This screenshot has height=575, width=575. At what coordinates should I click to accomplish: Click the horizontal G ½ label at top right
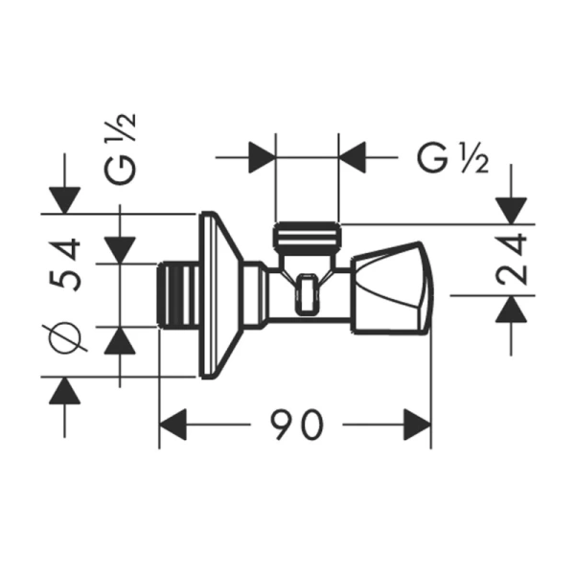[x=453, y=156]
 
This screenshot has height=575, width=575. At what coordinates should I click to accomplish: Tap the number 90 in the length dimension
[x=294, y=423]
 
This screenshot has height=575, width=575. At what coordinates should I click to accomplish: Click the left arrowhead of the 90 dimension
[x=172, y=424]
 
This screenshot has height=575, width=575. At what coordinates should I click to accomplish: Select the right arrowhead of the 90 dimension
[x=416, y=424]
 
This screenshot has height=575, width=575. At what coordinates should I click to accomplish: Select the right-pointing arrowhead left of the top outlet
[x=262, y=155]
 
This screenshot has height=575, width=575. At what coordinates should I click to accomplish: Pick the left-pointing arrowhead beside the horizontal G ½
[x=355, y=155]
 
